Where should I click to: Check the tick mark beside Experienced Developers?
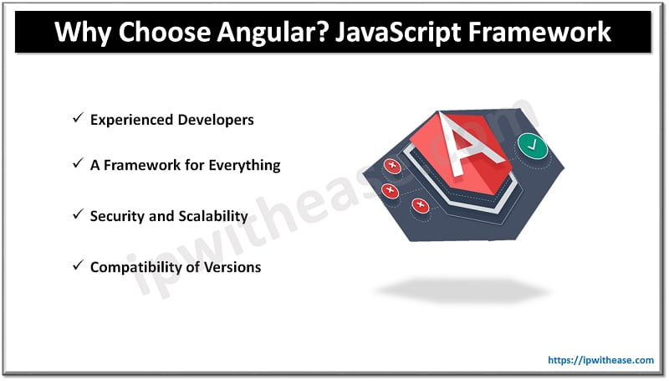[76, 120]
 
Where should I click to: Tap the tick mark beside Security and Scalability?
[76, 216]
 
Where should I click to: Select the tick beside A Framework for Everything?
[76, 165]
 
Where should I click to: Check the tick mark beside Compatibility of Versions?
[76, 267]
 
